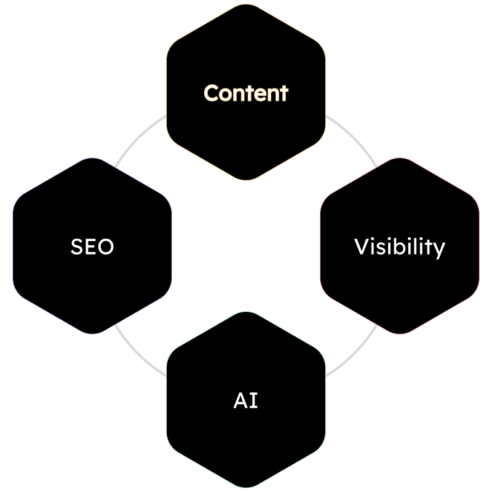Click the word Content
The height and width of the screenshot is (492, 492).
coord(246,93)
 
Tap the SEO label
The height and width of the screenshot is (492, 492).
coord(92,247)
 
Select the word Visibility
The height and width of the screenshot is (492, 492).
coord(400,247)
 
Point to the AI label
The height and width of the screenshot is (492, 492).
coord(246,400)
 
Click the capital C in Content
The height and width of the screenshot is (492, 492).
coord(212,93)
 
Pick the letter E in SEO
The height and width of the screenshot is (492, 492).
coord(92,247)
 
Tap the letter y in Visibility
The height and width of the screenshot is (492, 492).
coord(439,249)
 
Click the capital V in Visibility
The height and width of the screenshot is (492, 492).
coord(361,247)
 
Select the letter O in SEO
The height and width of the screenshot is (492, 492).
coord(106,247)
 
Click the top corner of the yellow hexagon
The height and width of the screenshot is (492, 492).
coord(246,5)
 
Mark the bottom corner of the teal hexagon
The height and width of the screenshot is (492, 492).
coord(246,488)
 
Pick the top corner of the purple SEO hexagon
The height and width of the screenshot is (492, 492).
coord(92,159)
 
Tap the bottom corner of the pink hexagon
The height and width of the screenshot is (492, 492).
coord(400,334)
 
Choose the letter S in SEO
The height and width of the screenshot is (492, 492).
coord(77,247)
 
